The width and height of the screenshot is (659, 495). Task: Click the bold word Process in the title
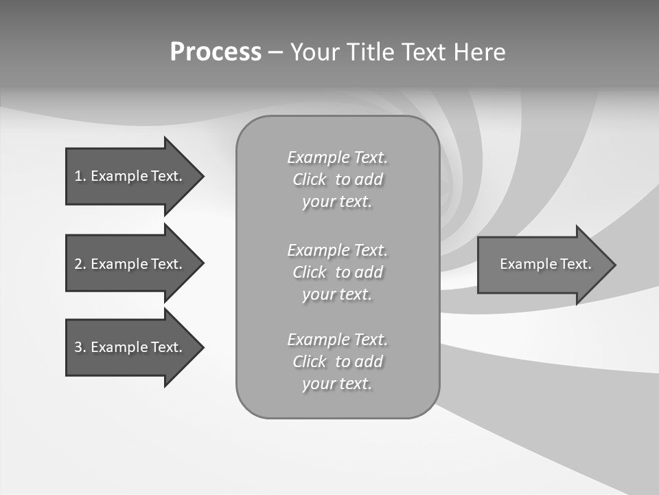coord(216,52)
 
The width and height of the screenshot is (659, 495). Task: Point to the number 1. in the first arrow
coord(80,176)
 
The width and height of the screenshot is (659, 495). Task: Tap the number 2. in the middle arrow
coord(80,264)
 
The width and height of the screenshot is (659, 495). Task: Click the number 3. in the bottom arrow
coord(80,347)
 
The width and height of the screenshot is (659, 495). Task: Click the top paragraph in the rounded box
coord(337,179)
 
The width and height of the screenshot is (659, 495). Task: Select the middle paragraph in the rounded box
coord(337,272)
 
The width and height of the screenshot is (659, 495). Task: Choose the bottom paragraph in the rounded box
coord(337,362)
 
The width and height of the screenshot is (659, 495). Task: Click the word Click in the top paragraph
coord(310,179)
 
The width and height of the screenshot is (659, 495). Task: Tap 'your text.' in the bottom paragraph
coord(336,384)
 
